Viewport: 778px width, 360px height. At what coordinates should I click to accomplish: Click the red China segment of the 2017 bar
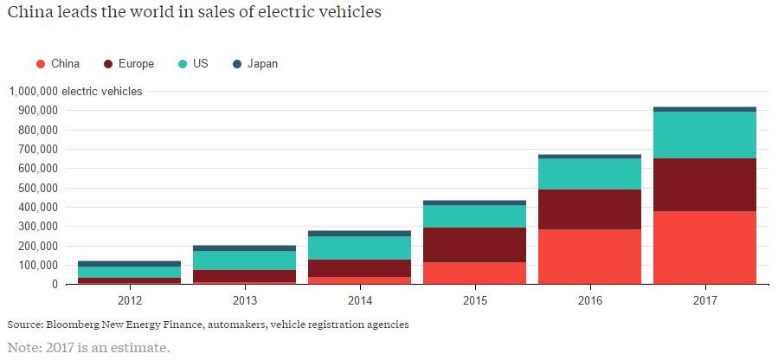tap(704, 247)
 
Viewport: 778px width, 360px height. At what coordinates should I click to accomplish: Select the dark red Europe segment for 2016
tap(589, 209)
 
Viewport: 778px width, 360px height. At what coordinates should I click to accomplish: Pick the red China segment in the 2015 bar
tap(474, 273)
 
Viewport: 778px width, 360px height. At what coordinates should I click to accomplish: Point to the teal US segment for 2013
tap(244, 260)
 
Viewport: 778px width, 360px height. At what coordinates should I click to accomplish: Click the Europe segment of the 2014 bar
tap(359, 268)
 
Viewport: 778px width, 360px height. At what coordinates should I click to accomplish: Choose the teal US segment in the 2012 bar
tap(129, 272)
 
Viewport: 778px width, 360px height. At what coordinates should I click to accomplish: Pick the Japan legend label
tap(262, 64)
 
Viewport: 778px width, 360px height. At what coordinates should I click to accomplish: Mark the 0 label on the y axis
tap(55, 284)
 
